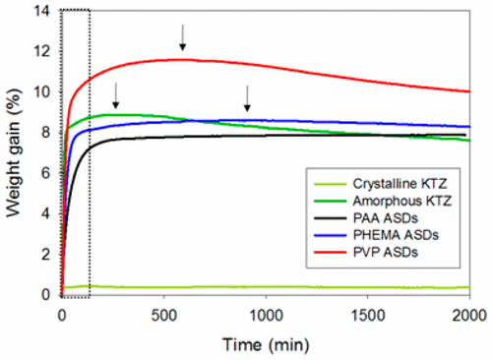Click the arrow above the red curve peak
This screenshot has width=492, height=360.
click(x=182, y=37)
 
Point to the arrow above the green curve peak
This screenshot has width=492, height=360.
click(x=115, y=95)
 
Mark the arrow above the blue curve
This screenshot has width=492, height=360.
click(x=247, y=98)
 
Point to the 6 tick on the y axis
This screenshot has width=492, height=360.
click(x=46, y=173)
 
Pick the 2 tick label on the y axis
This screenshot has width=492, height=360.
click(x=46, y=255)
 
